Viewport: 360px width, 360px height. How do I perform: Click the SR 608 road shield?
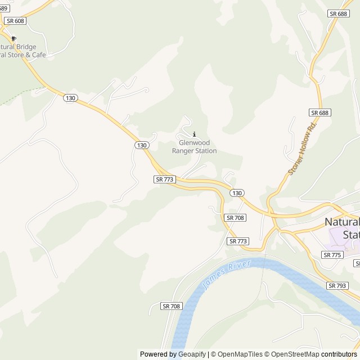pyautogui.click(x=15, y=20)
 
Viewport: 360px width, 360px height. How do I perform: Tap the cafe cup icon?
pyautogui.click(x=14, y=38)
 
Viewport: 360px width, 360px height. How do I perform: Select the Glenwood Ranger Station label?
pyautogui.click(x=194, y=147)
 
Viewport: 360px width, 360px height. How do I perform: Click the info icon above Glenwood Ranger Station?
pyautogui.click(x=195, y=134)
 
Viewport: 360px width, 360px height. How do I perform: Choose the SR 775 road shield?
pyautogui.click(x=332, y=255)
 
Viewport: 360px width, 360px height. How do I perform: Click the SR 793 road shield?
pyautogui.click(x=337, y=286)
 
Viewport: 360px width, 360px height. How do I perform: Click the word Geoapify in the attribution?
pyautogui.click(x=192, y=354)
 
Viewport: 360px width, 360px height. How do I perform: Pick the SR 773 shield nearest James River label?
pyautogui.click(x=238, y=241)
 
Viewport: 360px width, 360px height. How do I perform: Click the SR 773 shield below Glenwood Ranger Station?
pyautogui.click(x=165, y=179)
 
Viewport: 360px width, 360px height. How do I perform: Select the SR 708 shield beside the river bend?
pyautogui.click(x=172, y=306)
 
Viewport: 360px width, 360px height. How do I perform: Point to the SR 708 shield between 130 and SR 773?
pyautogui.click(x=235, y=217)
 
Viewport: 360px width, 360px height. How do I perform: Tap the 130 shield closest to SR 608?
pyautogui.click(x=70, y=98)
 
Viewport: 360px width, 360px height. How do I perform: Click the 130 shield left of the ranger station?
pyautogui.click(x=142, y=145)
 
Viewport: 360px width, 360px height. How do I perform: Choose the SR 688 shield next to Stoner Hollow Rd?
pyautogui.click(x=319, y=112)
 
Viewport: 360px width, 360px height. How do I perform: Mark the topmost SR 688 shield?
pyautogui.click(x=338, y=13)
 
